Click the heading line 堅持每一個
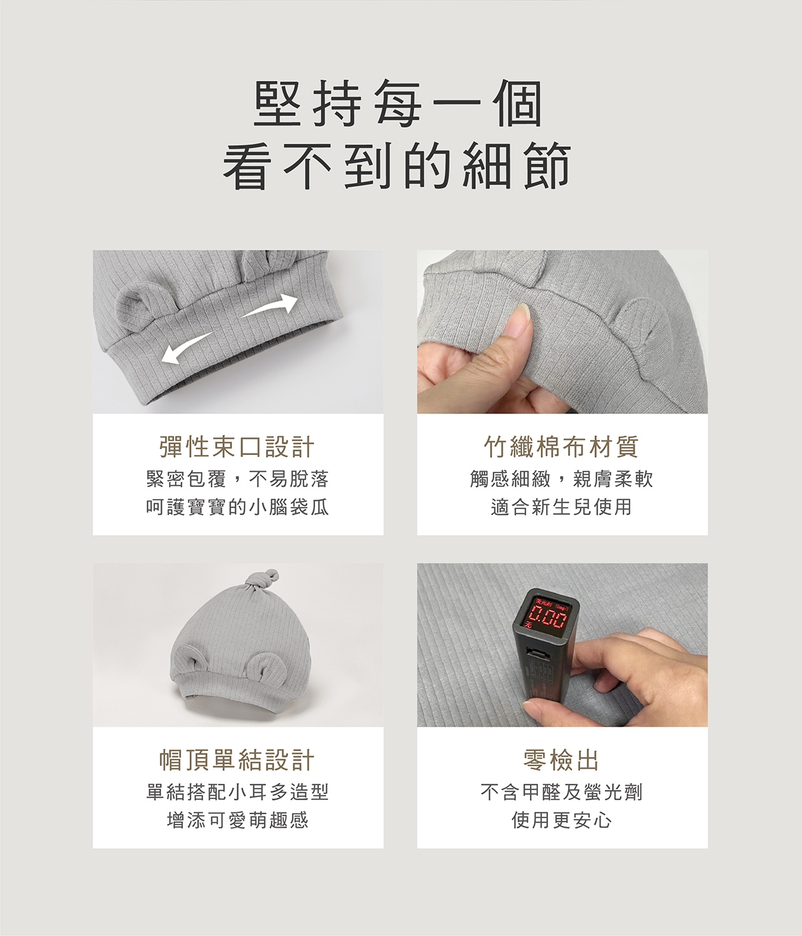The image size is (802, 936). [399, 106]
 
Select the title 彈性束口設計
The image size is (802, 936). [237, 447]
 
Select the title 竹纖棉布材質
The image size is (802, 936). [561, 447]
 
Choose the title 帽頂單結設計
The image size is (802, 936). [237, 760]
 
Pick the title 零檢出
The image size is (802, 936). [561, 760]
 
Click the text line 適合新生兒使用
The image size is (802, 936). [561, 507]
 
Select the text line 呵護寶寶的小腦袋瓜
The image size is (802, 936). [237, 507]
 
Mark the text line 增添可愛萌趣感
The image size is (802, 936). [237, 820]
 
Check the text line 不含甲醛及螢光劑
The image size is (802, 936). [561, 792]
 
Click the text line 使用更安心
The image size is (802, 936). [561, 820]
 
